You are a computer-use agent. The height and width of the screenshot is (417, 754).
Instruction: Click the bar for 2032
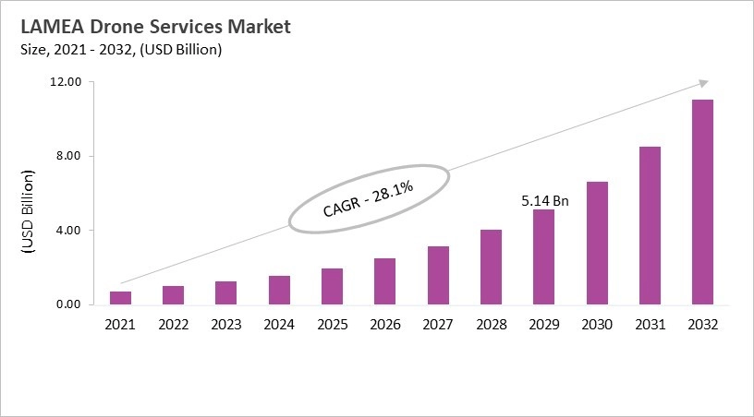702,202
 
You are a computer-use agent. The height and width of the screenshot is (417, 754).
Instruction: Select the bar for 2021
120,298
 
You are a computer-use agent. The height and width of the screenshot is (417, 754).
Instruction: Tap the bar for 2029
544,257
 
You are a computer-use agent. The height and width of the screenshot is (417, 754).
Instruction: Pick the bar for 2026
384,281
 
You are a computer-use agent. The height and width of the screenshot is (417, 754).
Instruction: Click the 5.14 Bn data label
544,198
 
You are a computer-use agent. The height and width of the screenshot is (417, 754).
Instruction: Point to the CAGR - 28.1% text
368,198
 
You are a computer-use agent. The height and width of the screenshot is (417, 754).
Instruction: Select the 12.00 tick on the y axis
67,82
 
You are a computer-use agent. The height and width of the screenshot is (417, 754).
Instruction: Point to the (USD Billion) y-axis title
27,212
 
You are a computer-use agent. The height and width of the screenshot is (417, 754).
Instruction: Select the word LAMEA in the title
48,27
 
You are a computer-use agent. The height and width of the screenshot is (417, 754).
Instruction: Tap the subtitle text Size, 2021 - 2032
74,50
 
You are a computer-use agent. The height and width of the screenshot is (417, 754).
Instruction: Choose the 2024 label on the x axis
279,325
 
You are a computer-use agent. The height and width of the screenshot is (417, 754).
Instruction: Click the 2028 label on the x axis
491,325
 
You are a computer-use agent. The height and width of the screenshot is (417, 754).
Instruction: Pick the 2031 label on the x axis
650,325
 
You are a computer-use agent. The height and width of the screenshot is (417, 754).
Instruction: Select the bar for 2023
225,293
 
